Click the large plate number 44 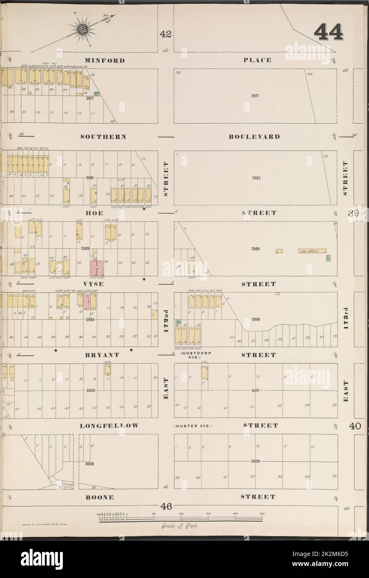(x=328, y=32)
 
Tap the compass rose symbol (x=81, y=29)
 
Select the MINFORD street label (x=104, y=60)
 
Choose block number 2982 (x=256, y=178)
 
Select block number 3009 (x=256, y=461)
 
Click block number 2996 (x=257, y=319)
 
